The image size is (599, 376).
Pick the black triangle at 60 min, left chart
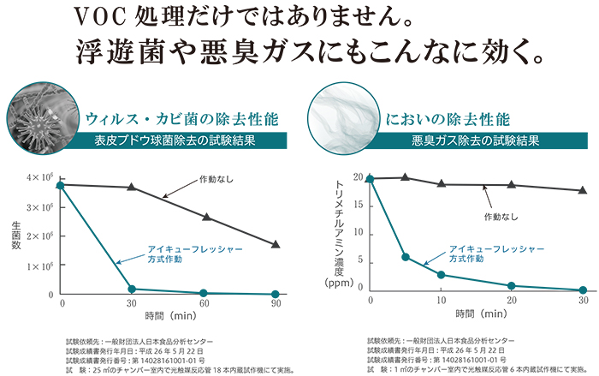click(x=204, y=217)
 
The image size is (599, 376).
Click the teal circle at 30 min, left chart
click(x=132, y=289)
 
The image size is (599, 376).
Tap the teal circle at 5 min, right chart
click(x=406, y=257)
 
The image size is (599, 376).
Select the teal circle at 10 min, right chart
click(x=441, y=275)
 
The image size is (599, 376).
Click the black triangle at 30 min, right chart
click(x=583, y=190)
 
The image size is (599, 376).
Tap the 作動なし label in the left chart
click(x=215, y=180)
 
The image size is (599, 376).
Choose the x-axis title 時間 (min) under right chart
click(x=477, y=313)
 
